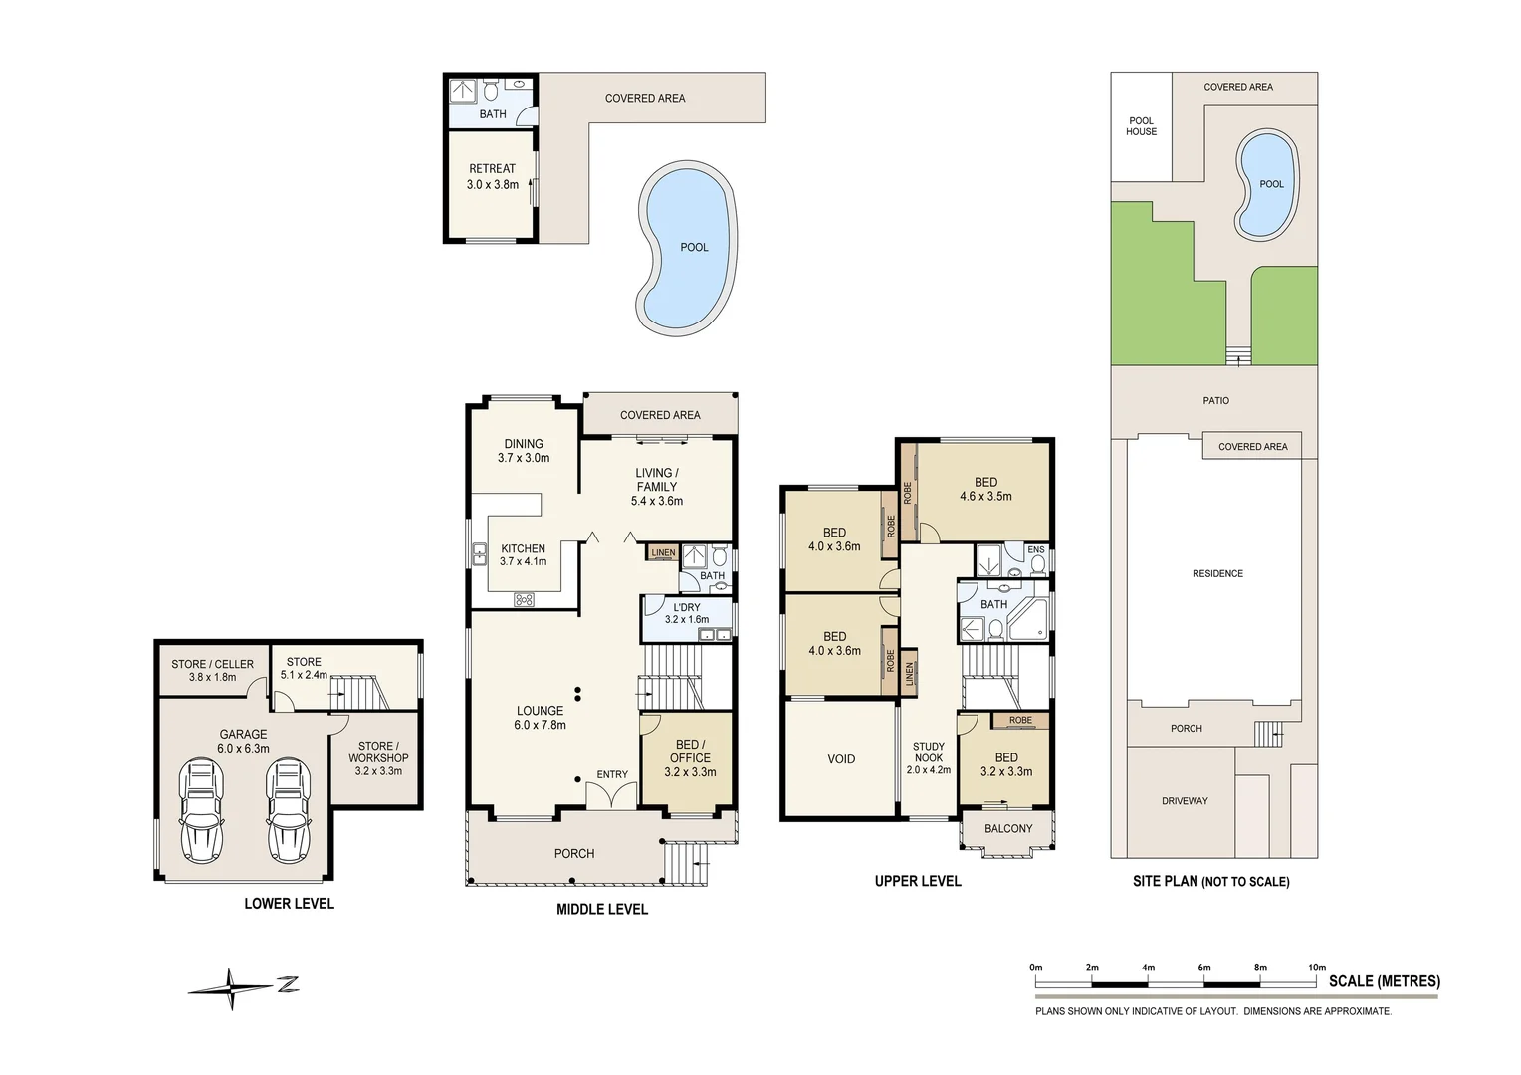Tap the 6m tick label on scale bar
point(1203,967)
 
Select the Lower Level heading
point(290,903)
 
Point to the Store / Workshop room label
point(378,757)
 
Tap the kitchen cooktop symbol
point(524,599)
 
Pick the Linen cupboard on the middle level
point(663,552)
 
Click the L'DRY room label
point(687,607)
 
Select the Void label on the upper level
point(841,759)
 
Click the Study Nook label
point(928,752)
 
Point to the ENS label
point(1036,549)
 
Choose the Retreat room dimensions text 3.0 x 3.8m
point(493,184)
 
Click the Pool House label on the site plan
point(1141,126)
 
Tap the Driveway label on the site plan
point(1185,800)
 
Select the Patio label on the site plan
point(1215,401)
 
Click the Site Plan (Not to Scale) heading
point(1210,882)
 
